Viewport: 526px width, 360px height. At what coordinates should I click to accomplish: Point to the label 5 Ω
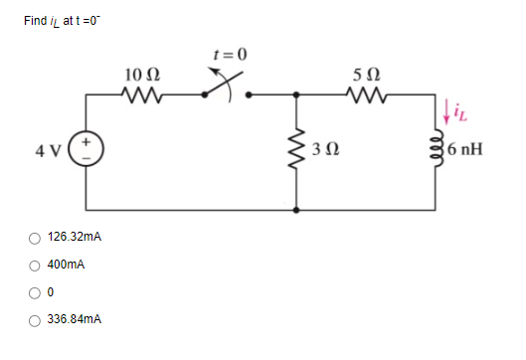click(364, 74)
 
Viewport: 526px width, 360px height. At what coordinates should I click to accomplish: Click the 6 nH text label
click(466, 153)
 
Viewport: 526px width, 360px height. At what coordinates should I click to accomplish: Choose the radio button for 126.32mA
click(35, 239)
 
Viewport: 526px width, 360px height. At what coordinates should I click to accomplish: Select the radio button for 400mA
click(35, 266)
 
